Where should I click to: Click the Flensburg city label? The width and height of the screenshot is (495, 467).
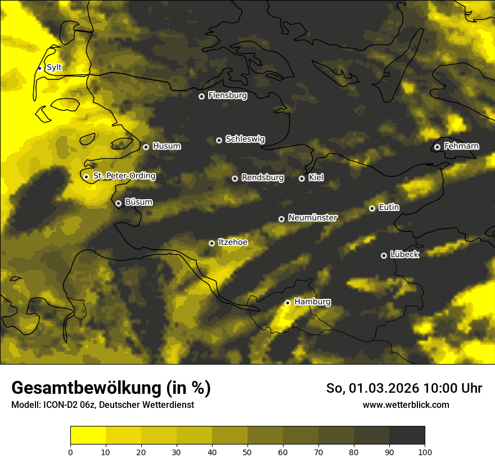[x=227, y=96]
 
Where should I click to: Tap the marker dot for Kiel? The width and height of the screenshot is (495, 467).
[x=301, y=178]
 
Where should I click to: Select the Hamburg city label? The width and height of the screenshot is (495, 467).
[x=312, y=302]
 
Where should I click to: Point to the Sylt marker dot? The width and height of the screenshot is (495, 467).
[x=39, y=68]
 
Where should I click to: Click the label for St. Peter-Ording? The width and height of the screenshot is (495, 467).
[x=124, y=176]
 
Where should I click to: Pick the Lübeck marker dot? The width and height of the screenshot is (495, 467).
[x=384, y=255]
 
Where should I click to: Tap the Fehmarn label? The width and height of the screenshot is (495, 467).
[x=461, y=146]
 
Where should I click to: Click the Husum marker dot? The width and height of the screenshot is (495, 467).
[x=146, y=147]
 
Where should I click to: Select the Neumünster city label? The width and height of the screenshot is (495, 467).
[x=313, y=218]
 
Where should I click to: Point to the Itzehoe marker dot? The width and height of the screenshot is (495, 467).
[x=211, y=243]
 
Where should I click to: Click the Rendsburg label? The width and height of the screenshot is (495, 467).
[x=263, y=178]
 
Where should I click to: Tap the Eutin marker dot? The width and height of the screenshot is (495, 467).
[x=372, y=208]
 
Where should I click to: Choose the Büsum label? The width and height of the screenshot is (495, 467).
[x=138, y=202]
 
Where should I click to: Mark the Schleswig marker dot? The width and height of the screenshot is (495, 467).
[x=219, y=140]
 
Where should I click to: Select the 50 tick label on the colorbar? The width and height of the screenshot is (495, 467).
[x=247, y=452]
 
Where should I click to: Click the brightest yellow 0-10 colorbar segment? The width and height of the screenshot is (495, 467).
[x=88, y=435]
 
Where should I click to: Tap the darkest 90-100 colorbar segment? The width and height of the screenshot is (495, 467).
[x=407, y=435]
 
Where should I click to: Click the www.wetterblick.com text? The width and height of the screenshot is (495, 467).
[x=406, y=405]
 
